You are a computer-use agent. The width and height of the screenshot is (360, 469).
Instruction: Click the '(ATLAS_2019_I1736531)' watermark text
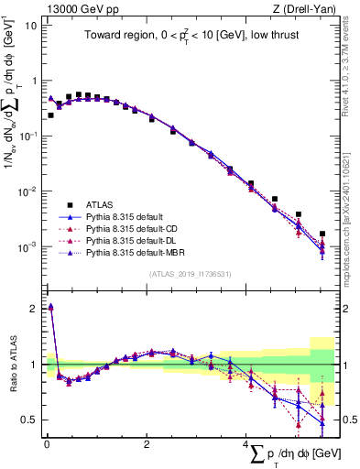pos(191,273)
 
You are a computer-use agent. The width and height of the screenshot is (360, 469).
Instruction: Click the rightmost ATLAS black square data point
pos(322,234)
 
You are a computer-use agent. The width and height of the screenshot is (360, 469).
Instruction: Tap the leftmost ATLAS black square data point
pos(50,115)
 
